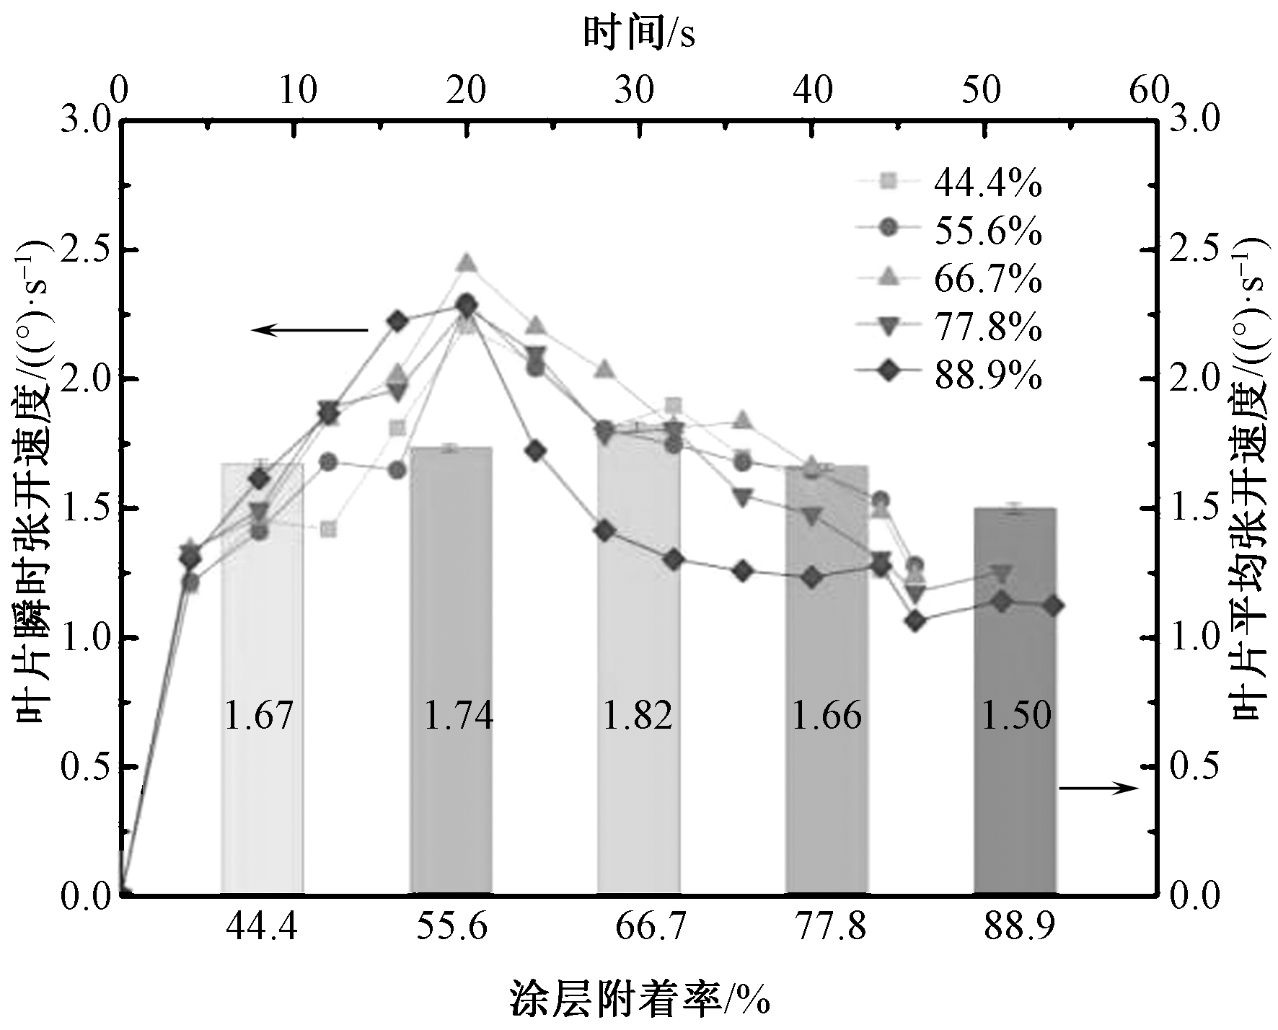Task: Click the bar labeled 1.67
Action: pyautogui.click(x=263, y=678)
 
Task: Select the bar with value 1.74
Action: pyautogui.click(x=451, y=670)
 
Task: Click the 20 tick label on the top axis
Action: pyautogui.click(x=467, y=92)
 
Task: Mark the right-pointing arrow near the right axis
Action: pyautogui.click(x=1098, y=789)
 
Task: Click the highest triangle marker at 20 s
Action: pyautogui.click(x=467, y=263)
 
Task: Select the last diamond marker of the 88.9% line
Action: pyautogui.click(x=1054, y=605)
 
